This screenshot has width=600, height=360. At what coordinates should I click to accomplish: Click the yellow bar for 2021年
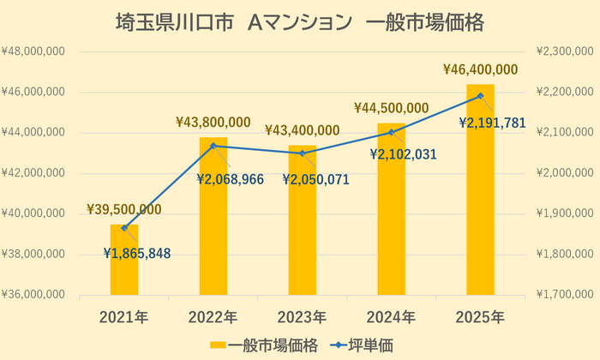pyautogui.click(x=124, y=261)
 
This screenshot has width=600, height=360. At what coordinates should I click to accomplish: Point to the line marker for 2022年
pyautogui.click(x=213, y=146)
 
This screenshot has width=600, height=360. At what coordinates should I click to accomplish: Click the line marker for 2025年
pyautogui.click(x=480, y=96)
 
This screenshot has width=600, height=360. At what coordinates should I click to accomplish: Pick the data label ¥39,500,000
pyautogui.click(x=124, y=209)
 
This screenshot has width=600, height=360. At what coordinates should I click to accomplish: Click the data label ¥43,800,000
pyautogui.click(x=213, y=122)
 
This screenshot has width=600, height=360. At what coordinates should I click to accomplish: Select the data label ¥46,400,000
pyautogui.click(x=480, y=69)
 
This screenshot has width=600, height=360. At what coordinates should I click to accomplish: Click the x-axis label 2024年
pyautogui.click(x=391, y=317)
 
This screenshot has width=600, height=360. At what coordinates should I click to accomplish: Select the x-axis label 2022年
pyautogui.click(x=213, y=317)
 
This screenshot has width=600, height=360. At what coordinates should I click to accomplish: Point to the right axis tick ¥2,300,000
pyautogui.click(x=563, y=51)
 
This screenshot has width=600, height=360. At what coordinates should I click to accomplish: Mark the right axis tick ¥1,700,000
pyautogui.click(x=563, y=296)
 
